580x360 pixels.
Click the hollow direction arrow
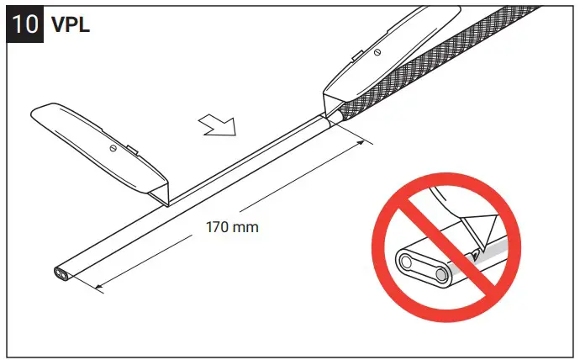(218, 126)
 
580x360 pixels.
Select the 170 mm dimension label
(232, 226)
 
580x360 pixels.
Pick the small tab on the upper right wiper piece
(357, 56)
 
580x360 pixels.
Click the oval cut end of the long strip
(63, 273)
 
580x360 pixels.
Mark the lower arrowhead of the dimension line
(98, 288)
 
